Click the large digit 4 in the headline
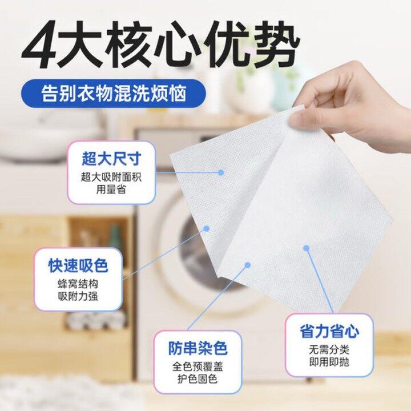tap(39, 45)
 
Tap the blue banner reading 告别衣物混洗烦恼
tap(113, 93)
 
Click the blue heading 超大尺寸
tap(111, 159)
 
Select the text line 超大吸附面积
tap(111, 177)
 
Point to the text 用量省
tap(111, 189)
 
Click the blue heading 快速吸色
tap(78, 265)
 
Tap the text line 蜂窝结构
tap(78, 284)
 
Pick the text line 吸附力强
tap(78, 296)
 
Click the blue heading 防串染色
tap(198, 348)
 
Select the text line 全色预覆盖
tap(198, 366)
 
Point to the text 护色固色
tap(198, 379)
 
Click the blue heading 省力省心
tap(329, 331)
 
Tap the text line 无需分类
tap(329, 350)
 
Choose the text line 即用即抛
tap(329, 362)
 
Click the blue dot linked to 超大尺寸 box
tap(221, 172)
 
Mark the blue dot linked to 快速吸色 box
tap(207, 229)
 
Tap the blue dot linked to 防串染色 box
tap(248, 265)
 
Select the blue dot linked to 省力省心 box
tap(306, 248)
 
